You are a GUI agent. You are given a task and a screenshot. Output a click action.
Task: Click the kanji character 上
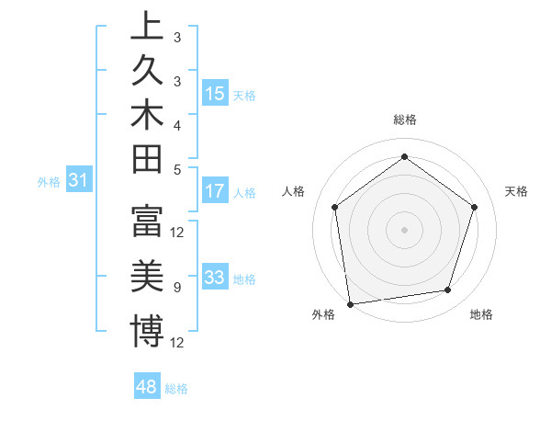tap(147, 27)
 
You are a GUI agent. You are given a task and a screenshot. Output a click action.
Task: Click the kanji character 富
tap(147, 222)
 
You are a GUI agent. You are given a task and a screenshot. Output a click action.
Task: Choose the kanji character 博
tap(147, 331)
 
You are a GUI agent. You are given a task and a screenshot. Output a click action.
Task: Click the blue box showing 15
tap(215, 94)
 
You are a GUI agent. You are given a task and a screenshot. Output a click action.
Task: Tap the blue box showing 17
tap(215, 192)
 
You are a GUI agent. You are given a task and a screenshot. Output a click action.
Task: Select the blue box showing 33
tap(215, 279)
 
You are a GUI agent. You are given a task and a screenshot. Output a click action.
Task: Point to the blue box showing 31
tap(79, 181)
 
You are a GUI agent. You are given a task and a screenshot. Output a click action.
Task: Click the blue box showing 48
tap(146, 387)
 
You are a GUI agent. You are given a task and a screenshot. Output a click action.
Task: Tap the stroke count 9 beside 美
tap(177, 288)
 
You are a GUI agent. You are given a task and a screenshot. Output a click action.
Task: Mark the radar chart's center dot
tap(404, 229)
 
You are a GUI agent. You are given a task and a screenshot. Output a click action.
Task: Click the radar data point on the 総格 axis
tap(404, 157)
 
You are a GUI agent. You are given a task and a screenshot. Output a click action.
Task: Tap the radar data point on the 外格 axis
tap(349, 303)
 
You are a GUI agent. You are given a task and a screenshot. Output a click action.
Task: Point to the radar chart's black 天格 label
tap(516, 191)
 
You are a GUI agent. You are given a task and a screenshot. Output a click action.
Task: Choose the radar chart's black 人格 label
tap(293, 191)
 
